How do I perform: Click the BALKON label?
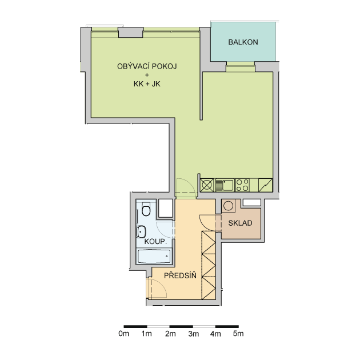click(x=243, y=42)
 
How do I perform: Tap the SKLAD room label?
click(x=240, y=223)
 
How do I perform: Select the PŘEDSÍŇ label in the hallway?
click(x=180, y=275)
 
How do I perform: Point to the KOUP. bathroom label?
click(x=155, y=242)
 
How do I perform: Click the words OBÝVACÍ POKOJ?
click(x=147, y=66)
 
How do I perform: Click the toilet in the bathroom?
click(x=146, y=209)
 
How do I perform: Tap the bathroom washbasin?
click(x=141, y=232)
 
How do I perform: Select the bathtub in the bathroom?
click(x=154, y=256)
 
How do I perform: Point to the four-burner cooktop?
click(x=242, y=185)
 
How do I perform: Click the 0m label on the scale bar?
click(x=123, y=334)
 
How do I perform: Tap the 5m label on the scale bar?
click(x=238, y=334)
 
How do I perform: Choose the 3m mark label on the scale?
click(x=193, y=334)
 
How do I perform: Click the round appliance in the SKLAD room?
click(x=228, y=206)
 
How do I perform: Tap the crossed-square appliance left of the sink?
click(x=207, y=185)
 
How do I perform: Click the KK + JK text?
click(x=147, y=84)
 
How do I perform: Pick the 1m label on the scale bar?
click(x=146, y=334)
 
